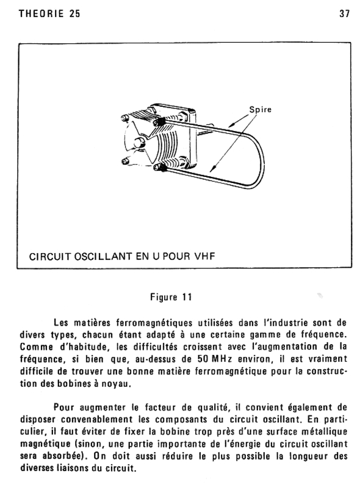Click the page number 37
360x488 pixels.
click(344, 13)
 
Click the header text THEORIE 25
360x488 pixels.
click(49, 13)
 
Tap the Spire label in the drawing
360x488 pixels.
click(261, 110)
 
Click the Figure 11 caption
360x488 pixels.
click(171, 297)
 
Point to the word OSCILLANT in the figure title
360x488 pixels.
click(103, 256)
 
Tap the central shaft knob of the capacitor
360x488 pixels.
click(139, 143)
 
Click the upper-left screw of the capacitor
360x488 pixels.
click(124, 118)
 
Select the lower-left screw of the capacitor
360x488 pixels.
click(124, 161)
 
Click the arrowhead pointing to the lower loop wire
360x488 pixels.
click(212, 168)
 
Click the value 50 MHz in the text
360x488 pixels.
click(215, 359)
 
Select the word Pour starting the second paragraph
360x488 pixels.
click(64, 407)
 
